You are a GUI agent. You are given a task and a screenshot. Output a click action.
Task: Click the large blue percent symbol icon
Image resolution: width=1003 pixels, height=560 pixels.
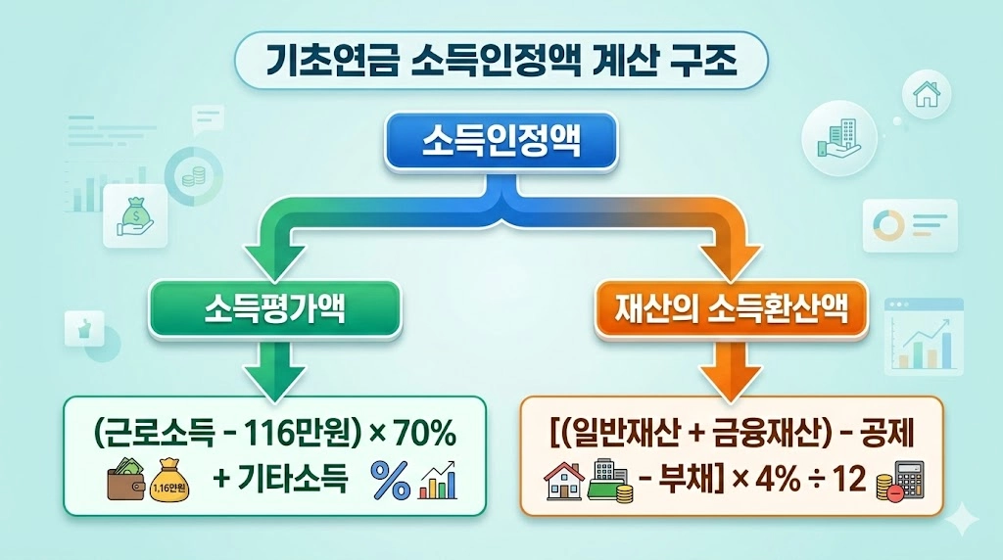click(389, 483)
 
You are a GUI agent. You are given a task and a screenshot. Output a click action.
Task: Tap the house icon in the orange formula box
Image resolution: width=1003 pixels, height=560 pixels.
click(563, 482)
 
